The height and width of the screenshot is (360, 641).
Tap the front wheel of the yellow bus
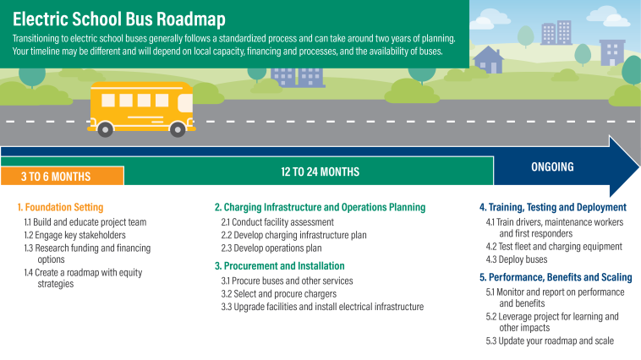pos(178,128)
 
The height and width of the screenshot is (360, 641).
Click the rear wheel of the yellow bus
pos(105,128)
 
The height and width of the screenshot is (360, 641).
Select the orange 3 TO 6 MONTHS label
pos(56,176)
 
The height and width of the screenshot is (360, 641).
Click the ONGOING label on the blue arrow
pos(552,166)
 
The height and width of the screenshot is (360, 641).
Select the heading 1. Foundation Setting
pos(60,207)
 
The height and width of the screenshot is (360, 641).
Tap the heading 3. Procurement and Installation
pos(281,265)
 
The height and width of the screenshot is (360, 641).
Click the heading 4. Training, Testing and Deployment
pos(552,207)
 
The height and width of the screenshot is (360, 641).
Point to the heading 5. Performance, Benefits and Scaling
pos(555,277)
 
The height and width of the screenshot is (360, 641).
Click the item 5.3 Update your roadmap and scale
pos(549,341)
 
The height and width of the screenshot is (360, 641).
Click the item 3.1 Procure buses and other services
pos(287,281)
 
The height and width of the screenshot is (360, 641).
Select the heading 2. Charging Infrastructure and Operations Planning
pos(320,207)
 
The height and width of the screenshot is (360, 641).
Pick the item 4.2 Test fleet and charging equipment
pos(553,247)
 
